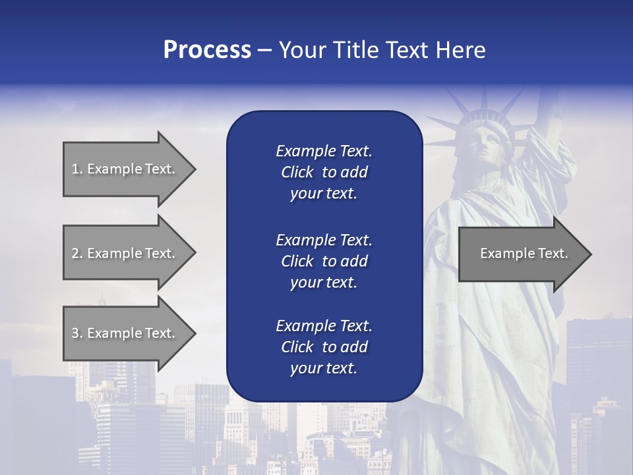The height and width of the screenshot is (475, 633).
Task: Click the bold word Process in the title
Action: (207, 50)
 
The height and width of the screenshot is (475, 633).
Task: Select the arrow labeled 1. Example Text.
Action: (125, 169)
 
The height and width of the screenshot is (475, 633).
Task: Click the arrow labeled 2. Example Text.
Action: (125, 253)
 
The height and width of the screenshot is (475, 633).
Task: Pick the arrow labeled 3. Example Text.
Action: (125, 333)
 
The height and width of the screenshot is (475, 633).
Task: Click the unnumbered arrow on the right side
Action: (521, 253)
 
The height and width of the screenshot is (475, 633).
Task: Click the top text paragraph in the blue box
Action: (324, 172)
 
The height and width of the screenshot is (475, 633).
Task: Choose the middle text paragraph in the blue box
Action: (324, 261)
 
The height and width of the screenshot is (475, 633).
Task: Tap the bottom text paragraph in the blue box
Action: (324, 347)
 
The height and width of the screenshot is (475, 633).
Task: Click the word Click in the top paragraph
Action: (297, 172)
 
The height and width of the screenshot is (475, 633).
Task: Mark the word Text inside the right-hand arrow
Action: (553, 253)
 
